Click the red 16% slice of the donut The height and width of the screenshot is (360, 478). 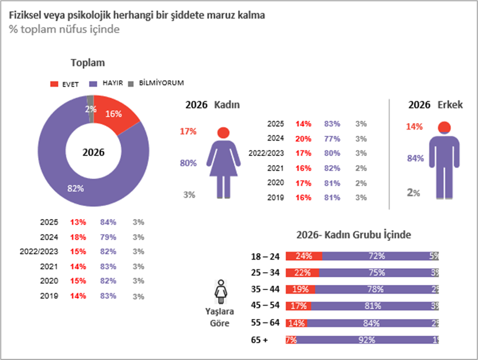[x=114, y=115]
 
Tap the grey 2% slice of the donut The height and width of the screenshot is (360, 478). [x=90, y=109]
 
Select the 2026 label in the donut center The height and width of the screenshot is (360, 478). [x=93, y=153]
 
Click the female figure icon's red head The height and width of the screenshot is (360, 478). [x=223, y=132]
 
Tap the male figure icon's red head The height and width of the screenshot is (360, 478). [x=444, y=127]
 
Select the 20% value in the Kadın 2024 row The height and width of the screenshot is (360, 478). [x=303, y=139]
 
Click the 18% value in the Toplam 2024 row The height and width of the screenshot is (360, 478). [x=78, y=237]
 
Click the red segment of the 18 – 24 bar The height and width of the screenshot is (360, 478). [x=303, y=256]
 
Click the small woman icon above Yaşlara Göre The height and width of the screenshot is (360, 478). [x=220, y=292]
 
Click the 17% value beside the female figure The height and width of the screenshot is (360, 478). [x=188, y=132]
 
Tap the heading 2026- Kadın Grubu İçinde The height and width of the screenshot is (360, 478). [x=354, y=235]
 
